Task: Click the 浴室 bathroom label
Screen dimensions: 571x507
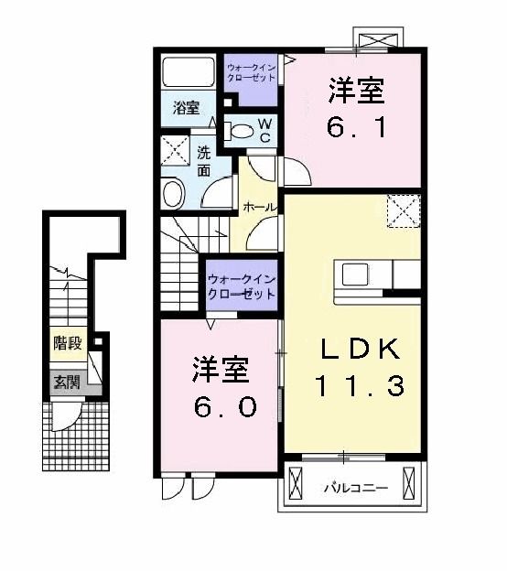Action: (187, 108)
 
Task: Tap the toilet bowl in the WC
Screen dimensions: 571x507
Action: (240, 131)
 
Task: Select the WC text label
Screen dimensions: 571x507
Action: (264, 130)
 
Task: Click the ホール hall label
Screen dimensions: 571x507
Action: (259, 209)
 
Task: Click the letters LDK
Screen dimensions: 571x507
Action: (359, 350)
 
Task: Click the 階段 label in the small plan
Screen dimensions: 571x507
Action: (67, 344)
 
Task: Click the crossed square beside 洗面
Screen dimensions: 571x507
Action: (174, 148)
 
